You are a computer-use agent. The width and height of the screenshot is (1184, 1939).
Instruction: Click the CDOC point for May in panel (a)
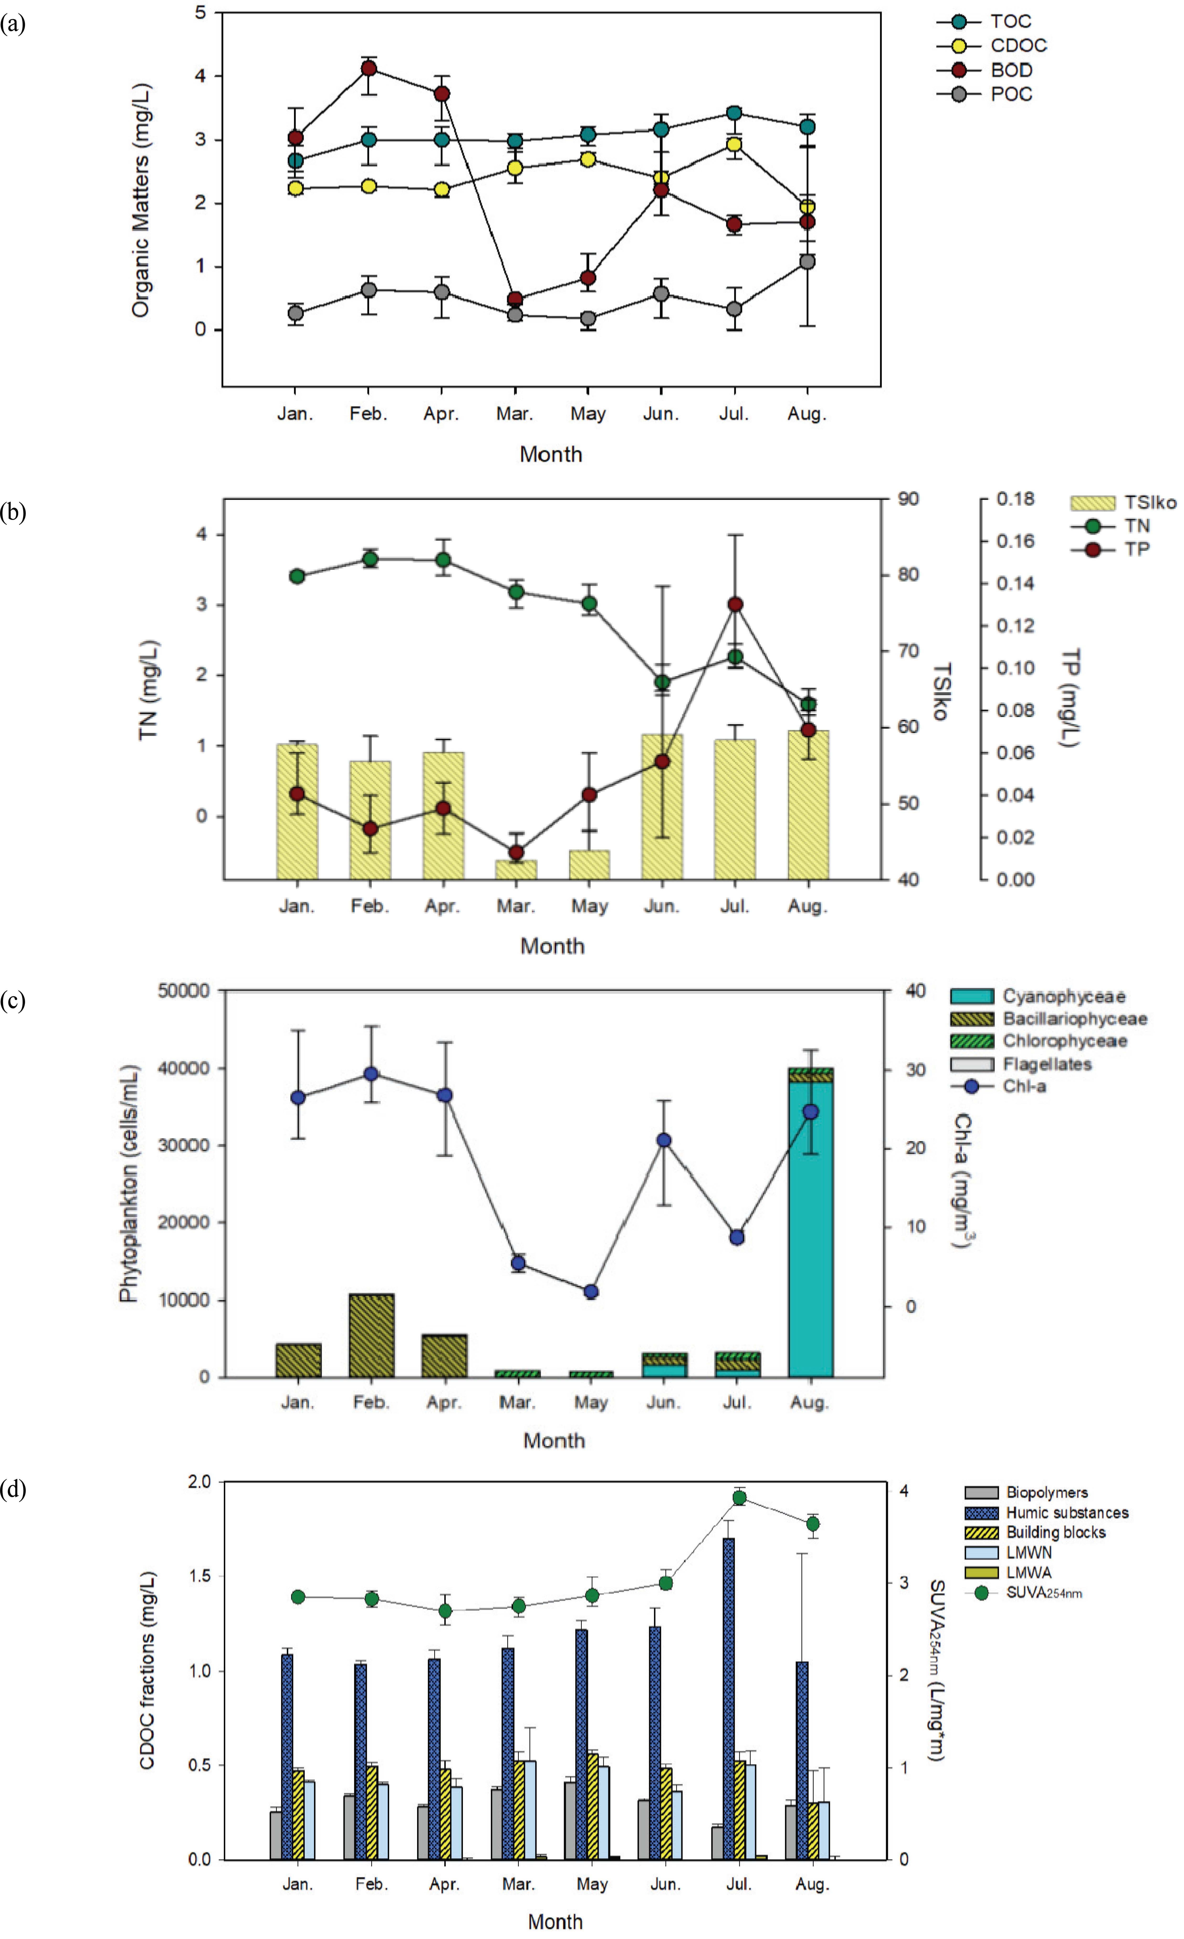pyautogui.click(x=587, y=159)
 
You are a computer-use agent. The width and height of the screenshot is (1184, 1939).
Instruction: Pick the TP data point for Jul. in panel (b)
pyautogui.click(x=735, y=604)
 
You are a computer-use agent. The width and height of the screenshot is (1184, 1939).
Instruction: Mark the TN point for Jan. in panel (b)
pyautogui.click(x=297, y=576)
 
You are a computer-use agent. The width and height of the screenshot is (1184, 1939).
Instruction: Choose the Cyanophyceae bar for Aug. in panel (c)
pyautogui.click(x=810, y=1228)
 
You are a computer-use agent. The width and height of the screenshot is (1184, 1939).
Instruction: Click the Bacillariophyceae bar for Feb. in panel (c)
pyautogui.click(x=372, y=1335)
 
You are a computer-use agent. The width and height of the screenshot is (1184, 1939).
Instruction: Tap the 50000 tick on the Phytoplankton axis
pyautogui.click(x=183, y=991)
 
